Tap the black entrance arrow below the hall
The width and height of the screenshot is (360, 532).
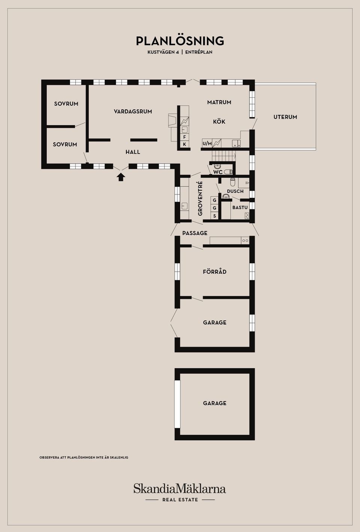(121, 177)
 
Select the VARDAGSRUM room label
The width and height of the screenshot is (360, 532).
(133, 111)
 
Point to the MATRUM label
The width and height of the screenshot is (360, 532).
(219, 102)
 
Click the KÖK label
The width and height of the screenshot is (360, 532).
(219, 121)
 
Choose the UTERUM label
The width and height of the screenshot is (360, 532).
(285, 117)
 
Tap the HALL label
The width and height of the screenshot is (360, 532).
(133, 152)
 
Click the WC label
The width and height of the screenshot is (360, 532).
(218, 172)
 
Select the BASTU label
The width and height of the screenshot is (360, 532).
(240, 207)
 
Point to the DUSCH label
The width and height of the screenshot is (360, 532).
(235, 191)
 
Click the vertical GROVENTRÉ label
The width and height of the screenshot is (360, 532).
(200, 199)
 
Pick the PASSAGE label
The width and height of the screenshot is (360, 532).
(195, 233)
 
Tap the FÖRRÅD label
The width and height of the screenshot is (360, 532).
(215, 272)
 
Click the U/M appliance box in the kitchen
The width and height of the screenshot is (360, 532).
(207, 143)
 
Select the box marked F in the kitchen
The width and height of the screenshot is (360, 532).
(184, 137)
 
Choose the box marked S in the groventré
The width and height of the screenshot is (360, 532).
(214, 216)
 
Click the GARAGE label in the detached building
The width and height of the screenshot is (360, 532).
(215, 403)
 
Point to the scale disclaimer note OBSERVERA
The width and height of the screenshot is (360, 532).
(84, 457)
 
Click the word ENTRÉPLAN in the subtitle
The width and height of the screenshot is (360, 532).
(199, 52)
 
